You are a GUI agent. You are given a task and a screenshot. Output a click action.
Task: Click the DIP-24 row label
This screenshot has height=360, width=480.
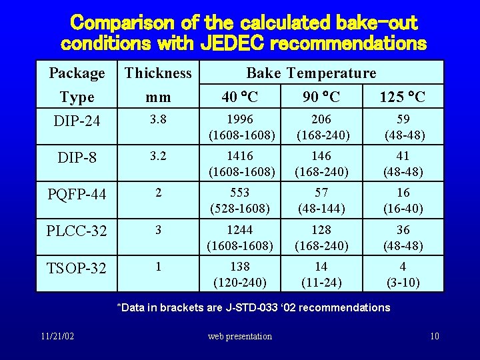77,123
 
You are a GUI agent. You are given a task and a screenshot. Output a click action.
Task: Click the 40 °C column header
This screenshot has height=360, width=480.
240,97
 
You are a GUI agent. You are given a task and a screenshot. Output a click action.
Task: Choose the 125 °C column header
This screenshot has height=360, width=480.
402,97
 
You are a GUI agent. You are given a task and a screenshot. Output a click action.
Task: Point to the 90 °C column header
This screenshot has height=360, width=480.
321,97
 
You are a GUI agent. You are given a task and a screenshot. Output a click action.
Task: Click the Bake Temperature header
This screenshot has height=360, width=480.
311,73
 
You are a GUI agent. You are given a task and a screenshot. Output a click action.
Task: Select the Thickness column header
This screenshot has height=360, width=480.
158,73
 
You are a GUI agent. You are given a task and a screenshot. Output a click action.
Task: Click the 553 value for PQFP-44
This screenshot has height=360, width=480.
240,193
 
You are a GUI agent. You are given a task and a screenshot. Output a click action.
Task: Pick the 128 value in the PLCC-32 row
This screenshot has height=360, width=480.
321,230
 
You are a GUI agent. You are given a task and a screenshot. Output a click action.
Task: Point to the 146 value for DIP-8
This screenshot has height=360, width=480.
321,156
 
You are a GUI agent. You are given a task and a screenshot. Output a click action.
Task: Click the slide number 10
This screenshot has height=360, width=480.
434,336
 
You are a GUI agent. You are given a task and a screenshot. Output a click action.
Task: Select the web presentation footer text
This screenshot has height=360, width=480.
240,337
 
